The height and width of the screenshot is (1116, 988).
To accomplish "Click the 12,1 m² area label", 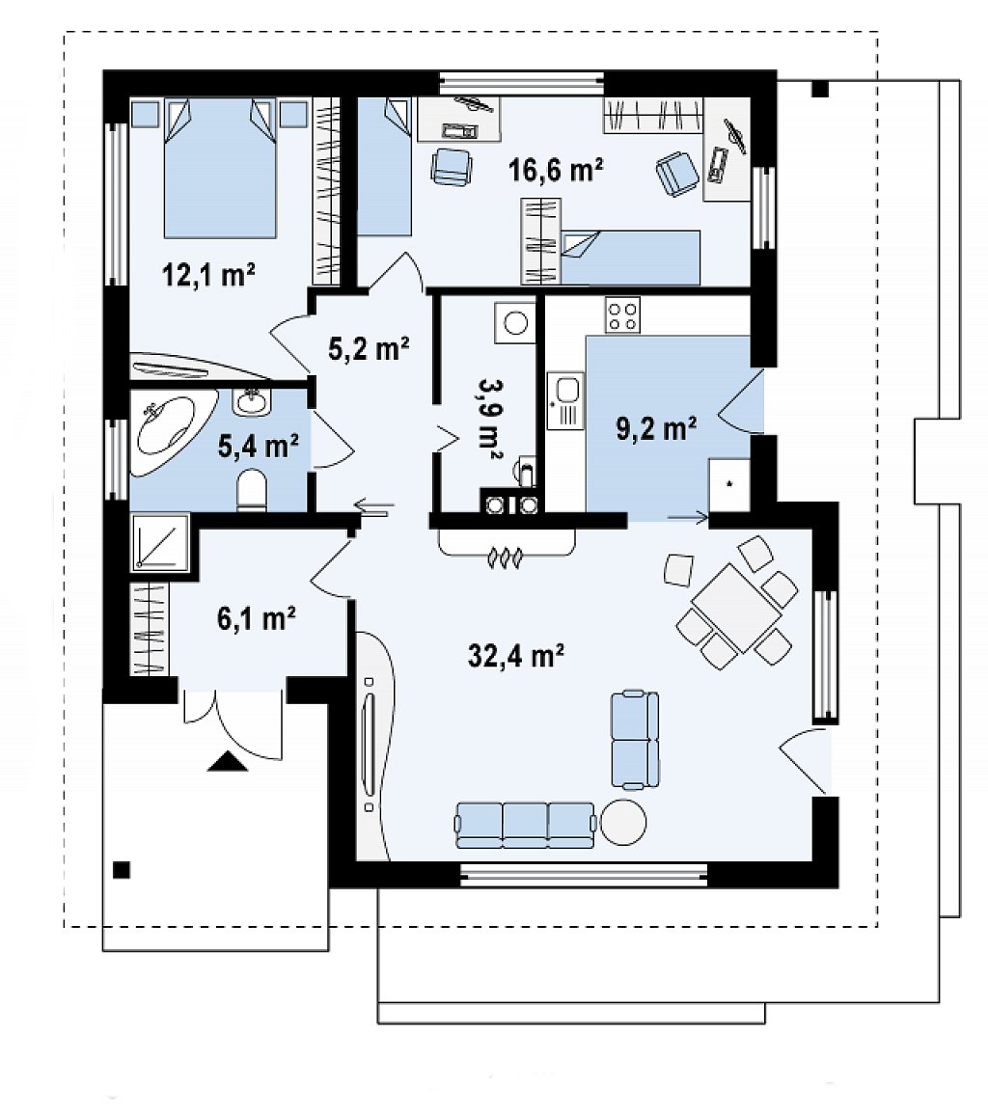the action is click(208, 273).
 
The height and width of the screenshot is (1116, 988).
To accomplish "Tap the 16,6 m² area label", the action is click(556, 170).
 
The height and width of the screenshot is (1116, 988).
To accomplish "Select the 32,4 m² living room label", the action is click(516, 655).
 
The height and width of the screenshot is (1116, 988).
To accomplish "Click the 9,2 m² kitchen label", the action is click(655, 428).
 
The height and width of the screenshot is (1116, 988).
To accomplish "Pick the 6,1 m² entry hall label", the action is click(257, 617).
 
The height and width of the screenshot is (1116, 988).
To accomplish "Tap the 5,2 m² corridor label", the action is click(368, 348).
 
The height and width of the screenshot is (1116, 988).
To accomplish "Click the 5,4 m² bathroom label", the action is click(258, 447).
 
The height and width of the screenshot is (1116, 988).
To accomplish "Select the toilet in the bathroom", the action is click(251, 490).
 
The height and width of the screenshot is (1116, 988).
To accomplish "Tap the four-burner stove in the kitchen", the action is click(623, 314).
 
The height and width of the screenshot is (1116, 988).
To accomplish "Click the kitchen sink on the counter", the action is click(566, 400).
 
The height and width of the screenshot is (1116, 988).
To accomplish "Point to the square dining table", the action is click(737, 607).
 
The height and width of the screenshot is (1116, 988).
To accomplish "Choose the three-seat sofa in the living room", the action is click(525, 825).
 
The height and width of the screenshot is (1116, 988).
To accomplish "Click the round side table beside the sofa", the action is click(623, 822).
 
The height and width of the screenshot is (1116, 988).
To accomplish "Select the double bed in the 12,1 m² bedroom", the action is click(220, 168).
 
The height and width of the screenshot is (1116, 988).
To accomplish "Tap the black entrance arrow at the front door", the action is click(228, 762).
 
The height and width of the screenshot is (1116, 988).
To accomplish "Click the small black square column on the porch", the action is click(122, 870).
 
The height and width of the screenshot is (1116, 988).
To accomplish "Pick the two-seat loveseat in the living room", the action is click(635, 740).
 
